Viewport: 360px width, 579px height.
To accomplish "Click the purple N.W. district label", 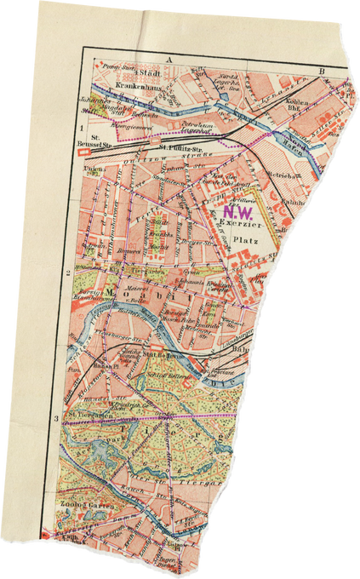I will tap(237, 209).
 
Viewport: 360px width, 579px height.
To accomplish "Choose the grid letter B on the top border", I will tap(322, 70).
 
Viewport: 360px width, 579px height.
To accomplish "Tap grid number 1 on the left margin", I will tap(81, 129).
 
